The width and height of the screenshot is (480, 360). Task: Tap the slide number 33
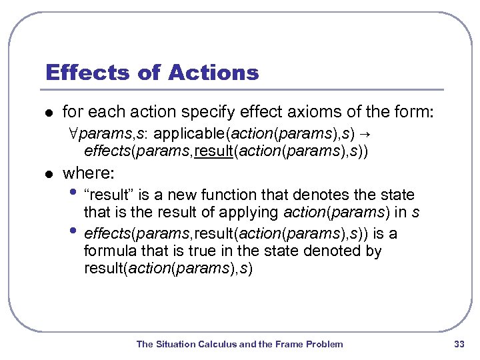(x=459, y=344)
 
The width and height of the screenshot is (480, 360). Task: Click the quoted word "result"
(x=108, y=195)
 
